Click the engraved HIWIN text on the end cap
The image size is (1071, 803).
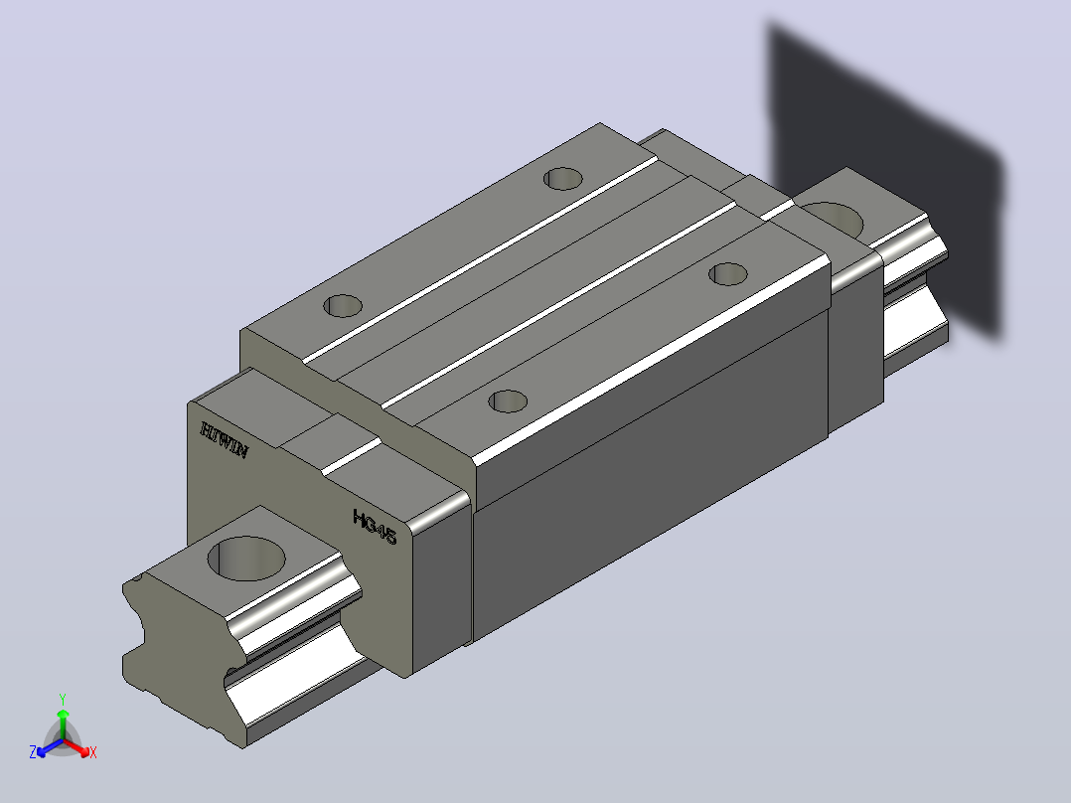tap(225, 440)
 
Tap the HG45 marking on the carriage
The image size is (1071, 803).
tap(375, 527)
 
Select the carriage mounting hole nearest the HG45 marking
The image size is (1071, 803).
tap(508, 401)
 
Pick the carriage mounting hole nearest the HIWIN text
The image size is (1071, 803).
tap(342, 305)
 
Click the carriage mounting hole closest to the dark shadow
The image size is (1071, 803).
tap(728, 274)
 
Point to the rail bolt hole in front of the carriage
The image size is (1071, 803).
tap(246, 559)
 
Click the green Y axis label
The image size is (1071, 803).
tap(63, 699)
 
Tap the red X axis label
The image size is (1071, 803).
tap(93, 752)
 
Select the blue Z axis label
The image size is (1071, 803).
tap(32, 752)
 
